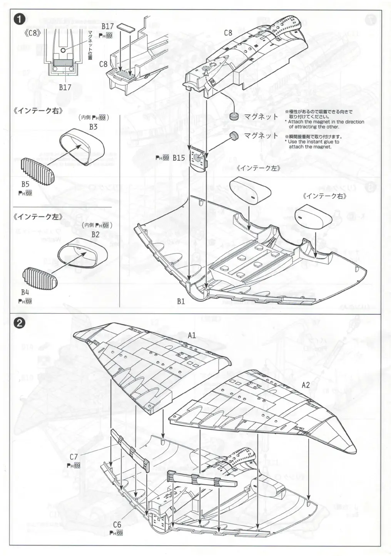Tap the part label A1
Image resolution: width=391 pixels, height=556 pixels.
coord(192,336)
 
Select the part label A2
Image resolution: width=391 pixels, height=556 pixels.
coord(306,385)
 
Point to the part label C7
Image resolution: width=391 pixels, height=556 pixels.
coord(74,457)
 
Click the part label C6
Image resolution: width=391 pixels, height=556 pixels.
coord(117,525)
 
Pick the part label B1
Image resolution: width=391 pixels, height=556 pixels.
coord(181,302)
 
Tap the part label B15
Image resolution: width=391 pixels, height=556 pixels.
coord(179,158)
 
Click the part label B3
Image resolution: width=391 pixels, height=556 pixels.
coord(93,126)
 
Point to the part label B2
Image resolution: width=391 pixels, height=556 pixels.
coord(95,234)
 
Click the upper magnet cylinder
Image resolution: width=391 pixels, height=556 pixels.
coord(234,116)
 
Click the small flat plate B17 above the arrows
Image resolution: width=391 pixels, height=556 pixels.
coord(126,27)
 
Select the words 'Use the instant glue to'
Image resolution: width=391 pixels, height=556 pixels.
coord(313,142)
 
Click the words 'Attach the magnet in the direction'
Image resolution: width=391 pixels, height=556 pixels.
coord(326,122)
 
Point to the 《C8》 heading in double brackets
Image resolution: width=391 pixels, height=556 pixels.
coord(32,33)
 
